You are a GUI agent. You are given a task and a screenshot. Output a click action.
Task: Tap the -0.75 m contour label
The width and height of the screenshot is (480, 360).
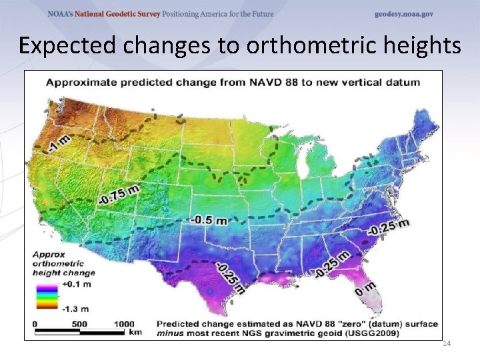tap(118, 194)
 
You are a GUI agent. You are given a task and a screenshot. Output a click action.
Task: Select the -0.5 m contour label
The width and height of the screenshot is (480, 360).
tap(210, 219)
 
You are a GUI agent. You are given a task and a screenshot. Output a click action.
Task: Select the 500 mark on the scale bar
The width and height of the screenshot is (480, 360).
tap(80, 324)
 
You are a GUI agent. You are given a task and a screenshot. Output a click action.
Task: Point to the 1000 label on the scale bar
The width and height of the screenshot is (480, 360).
tap(123, 324)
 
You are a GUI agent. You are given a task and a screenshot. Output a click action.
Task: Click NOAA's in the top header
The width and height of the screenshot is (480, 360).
tap(61, 14)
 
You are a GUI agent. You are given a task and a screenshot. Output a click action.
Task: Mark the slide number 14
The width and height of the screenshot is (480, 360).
tap(447, 343)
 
